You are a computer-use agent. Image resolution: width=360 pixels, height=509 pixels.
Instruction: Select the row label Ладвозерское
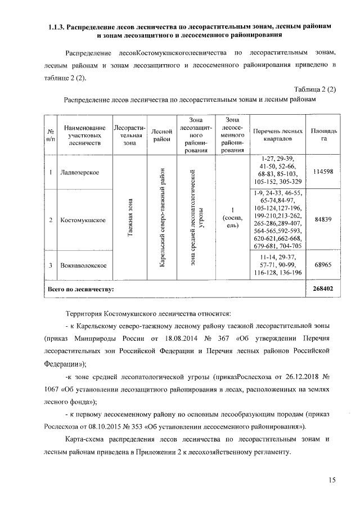point(80,172)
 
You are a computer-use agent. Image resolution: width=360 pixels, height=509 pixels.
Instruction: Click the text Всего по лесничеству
point(81,289)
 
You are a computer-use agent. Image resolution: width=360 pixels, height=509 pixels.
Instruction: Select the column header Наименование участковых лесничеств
point(84,136)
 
